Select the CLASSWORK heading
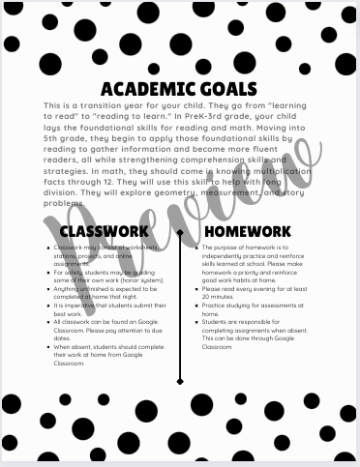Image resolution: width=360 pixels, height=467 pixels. [x=104, y=232]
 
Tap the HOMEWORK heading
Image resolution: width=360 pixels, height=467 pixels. [x=248, y=232]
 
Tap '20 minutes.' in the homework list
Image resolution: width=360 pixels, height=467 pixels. [x=220, y=297]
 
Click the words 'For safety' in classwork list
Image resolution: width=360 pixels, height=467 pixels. [x=70, y=273]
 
